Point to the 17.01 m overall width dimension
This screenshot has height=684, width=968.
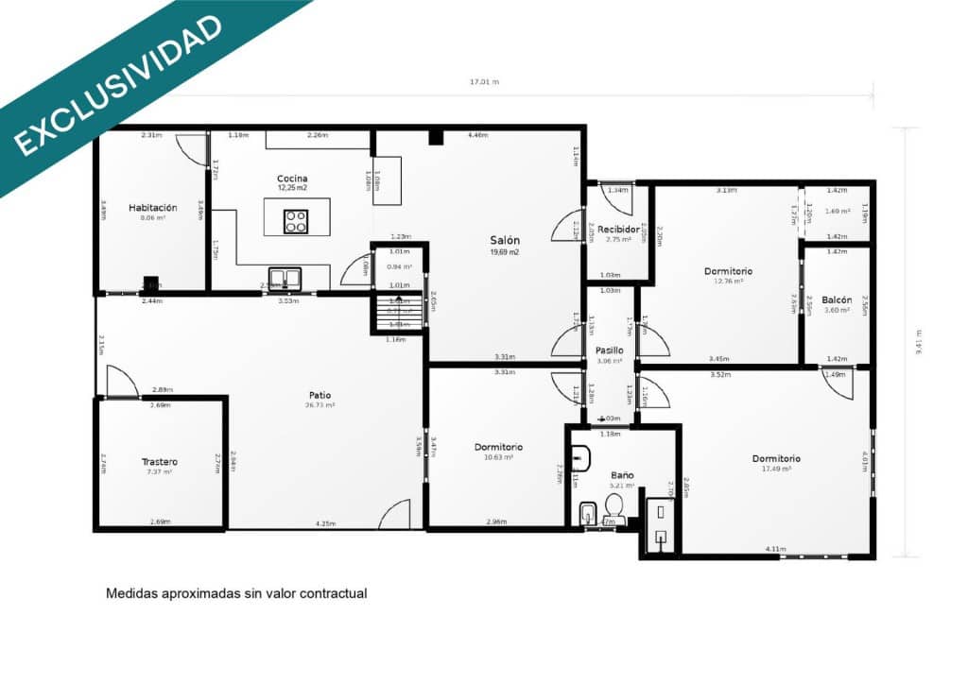(x=484, y=82)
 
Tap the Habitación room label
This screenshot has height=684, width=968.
(x=153, y=208)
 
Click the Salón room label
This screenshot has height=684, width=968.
(x=504, y=240)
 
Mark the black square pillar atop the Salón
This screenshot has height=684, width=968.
(x=436, y=137)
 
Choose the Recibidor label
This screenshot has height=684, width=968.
(x=619, y=229)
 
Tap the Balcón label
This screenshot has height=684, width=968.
(x=837, y=299)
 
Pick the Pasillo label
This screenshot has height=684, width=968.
(x=610, y=351)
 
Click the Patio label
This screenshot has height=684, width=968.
(x=320, y=395)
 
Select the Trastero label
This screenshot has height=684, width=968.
(x=160, y=462)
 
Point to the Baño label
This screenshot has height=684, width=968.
(x=622, y=475)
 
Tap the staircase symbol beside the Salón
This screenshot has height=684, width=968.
(x=398, y=313)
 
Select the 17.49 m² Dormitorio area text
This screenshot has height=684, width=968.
(x=776, y=469)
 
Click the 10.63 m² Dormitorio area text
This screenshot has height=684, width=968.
(x=498, y=457)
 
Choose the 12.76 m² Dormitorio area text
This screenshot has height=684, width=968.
(x=728, y=281)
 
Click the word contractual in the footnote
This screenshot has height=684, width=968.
(x=333, y=593)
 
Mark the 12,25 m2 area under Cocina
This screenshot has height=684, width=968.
(x=292, y=188)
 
